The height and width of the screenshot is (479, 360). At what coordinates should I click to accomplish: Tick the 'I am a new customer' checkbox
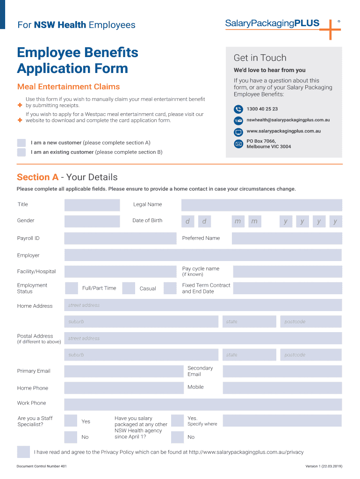coord(22,143)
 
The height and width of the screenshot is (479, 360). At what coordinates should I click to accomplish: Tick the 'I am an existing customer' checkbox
coord(22,152)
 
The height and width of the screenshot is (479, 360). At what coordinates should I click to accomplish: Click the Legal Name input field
coord(261,205)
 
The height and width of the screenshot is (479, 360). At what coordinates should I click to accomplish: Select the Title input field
coord(92,205)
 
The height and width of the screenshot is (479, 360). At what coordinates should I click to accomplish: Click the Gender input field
coord(92,221)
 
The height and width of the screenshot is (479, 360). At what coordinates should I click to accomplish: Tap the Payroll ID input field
coord(121,239)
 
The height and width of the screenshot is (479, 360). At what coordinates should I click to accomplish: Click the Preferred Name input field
coord(287,239)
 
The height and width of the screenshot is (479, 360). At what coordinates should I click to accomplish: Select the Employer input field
coord(203,255)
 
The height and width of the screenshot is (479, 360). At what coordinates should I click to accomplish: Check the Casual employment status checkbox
coord(129,288)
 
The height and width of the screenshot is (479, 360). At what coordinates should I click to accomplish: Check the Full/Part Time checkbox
coord(72,288)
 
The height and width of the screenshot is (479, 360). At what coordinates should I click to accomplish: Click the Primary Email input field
coord(124,371)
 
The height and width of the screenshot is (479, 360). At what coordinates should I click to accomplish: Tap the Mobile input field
coord(282,388)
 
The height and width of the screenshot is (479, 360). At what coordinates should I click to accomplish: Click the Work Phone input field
coord(203,404)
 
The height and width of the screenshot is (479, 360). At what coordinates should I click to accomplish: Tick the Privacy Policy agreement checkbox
coord(23,452)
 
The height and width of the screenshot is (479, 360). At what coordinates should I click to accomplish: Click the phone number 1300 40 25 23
coord(262,109)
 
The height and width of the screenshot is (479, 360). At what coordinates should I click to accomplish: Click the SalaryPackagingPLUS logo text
coord(272,23)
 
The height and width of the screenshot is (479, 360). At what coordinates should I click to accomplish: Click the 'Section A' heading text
coord(38,177)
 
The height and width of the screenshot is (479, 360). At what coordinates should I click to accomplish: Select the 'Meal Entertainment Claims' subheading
coord(68,87)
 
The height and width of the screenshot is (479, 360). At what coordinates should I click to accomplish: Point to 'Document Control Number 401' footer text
coord(42,466)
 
